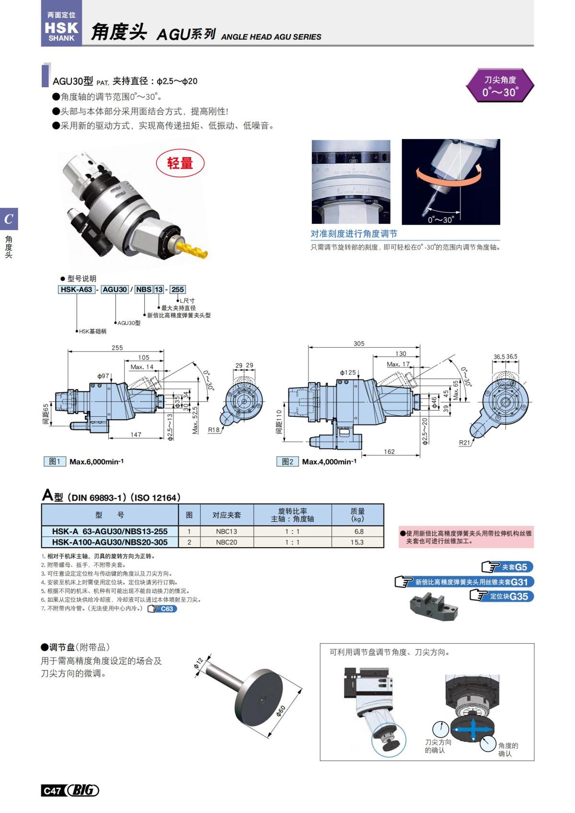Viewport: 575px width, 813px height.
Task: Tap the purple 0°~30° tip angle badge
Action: pyautogui.click(x=500, y=86)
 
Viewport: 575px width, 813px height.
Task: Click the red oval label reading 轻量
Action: pyautogui.click(x=180, y=163)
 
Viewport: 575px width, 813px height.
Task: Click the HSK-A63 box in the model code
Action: pyautogui.click(x=77, y=289)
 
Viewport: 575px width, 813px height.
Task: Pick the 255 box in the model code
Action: pyautogui.click(x=177, y=289)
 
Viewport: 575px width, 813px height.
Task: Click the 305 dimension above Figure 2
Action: pyautogui.click(x=359, y=344)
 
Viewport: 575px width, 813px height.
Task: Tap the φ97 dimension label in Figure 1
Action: pyautogui.click(x=103, y=376)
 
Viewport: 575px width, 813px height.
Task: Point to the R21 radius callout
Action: pyautogui.click(x=464, y=443)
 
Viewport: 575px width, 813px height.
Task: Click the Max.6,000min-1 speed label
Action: pyautogui.click(x=96, y=462)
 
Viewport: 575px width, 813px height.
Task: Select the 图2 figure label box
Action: pyautogui.click(x=287, y=461)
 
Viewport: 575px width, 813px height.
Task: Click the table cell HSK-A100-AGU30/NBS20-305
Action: pyautogui.click(x=110, y=542)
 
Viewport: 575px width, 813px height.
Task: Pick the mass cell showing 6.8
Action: pyautogui.click(x=358, y=531)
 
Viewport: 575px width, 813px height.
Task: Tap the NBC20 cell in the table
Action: pyautogui.click(x=226, y=542)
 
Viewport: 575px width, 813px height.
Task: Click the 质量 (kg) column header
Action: pyautogui.click(x=357, y=515)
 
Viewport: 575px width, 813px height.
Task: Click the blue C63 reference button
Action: pyautogui.click(x=163, y=609)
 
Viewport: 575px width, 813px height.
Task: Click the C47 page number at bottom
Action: pyautogui.click(x=52, y=790)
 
